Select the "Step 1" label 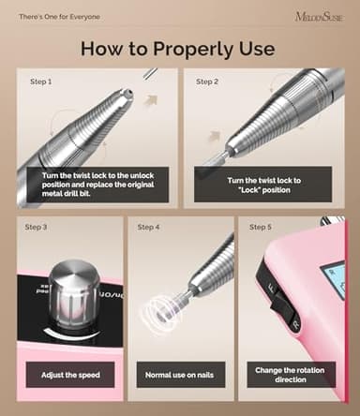pos(39,82)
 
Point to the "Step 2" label pos(206,82)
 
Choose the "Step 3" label pos(35,227)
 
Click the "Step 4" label pos(148,227)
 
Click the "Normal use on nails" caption pos(179,375)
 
